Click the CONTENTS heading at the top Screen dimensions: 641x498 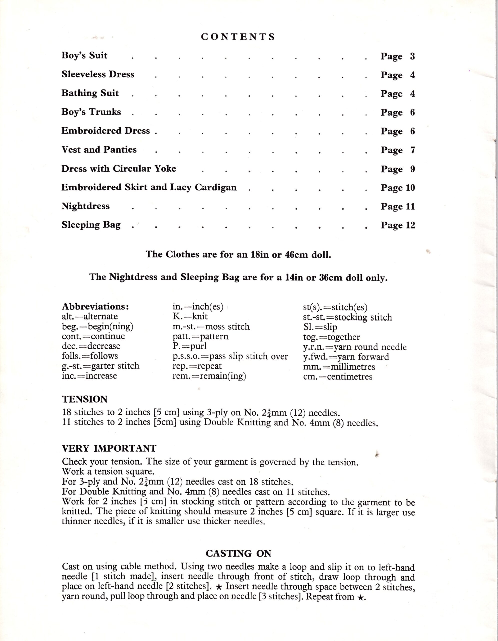click(238, 37)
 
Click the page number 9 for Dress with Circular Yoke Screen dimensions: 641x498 click(412, 169)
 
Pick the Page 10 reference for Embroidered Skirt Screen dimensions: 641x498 click(398, 188)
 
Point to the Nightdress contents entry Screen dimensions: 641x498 click(85, 206)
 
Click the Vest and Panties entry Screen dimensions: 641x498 click(99, 150)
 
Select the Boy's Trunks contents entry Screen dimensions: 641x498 click(91, 112)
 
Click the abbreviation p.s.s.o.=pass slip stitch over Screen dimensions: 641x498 click(230, 356)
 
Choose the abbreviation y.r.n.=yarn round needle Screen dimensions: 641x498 click(355, 347)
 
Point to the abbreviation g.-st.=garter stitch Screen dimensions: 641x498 click(100, 366)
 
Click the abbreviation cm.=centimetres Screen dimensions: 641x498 click(338, 377)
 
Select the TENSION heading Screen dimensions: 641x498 click(85, 399)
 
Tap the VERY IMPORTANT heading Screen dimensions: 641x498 click(109, 448)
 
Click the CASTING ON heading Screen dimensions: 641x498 click(238, 554)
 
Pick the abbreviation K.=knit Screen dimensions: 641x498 click(190, 316)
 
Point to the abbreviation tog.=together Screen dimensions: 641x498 click(331, 337)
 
